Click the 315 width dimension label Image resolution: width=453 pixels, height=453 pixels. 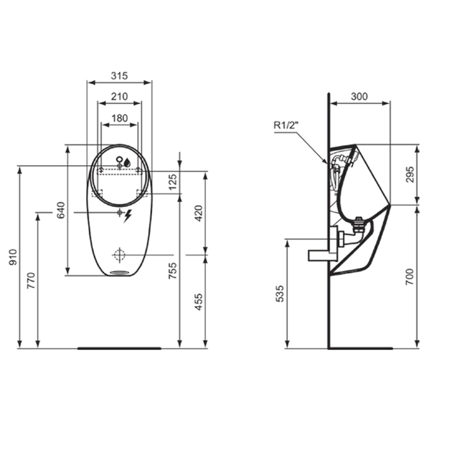coord(118,76)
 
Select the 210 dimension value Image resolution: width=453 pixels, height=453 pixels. coord(118,96)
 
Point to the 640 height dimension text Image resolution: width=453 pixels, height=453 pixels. coord(61,210)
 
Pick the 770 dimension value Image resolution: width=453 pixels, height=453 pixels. coord(31,280)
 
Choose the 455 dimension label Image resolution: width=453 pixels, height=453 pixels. coord(199,302)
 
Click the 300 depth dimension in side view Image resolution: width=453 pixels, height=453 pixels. coord(359,96)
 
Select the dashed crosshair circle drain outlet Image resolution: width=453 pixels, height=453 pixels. coord(119,254)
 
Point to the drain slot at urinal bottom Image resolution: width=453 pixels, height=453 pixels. coord(119,272)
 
